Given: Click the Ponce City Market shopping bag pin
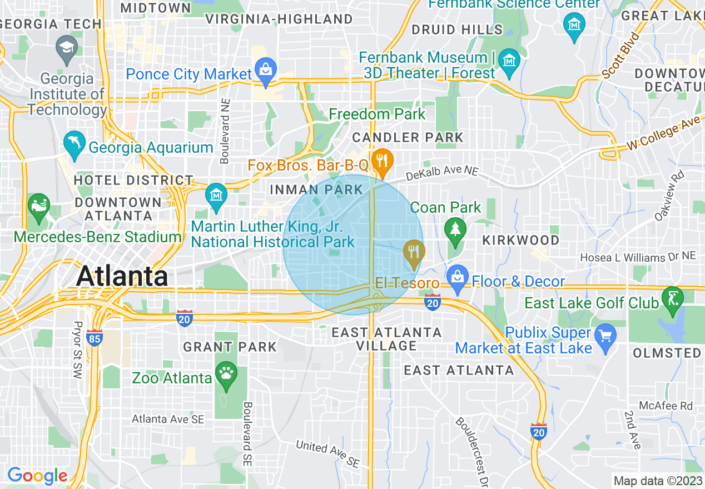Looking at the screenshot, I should click(266, 71).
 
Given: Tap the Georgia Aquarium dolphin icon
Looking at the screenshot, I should click(74, 143).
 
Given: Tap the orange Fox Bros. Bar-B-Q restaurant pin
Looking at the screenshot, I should click(381, 162).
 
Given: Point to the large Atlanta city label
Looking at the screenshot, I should click(122, 276).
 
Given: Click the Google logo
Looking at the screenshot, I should click(37, 476).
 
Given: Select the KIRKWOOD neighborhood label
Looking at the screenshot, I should click(520, 240).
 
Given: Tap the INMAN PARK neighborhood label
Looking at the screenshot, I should click(316, 190).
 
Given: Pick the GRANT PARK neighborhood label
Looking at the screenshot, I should click(230, 347).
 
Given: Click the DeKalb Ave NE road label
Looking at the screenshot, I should click(441, 174).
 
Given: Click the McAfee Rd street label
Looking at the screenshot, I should click(666, 406).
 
